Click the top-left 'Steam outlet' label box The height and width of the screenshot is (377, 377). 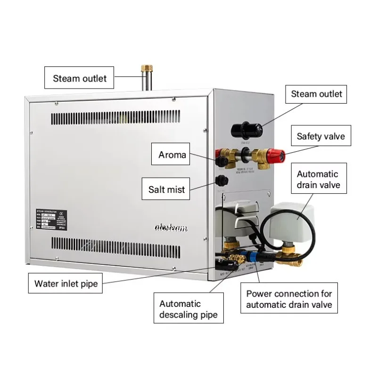click(x=80, y=78)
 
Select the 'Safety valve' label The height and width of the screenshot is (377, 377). click(x=320, y=137)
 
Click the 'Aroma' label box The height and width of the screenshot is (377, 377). click(x=172, y=155)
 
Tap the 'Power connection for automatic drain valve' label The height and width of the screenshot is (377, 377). click(x=289, y=299)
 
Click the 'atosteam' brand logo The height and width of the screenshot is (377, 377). click(x=172, y=229)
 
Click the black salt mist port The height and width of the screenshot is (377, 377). click(x=220, y=180)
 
